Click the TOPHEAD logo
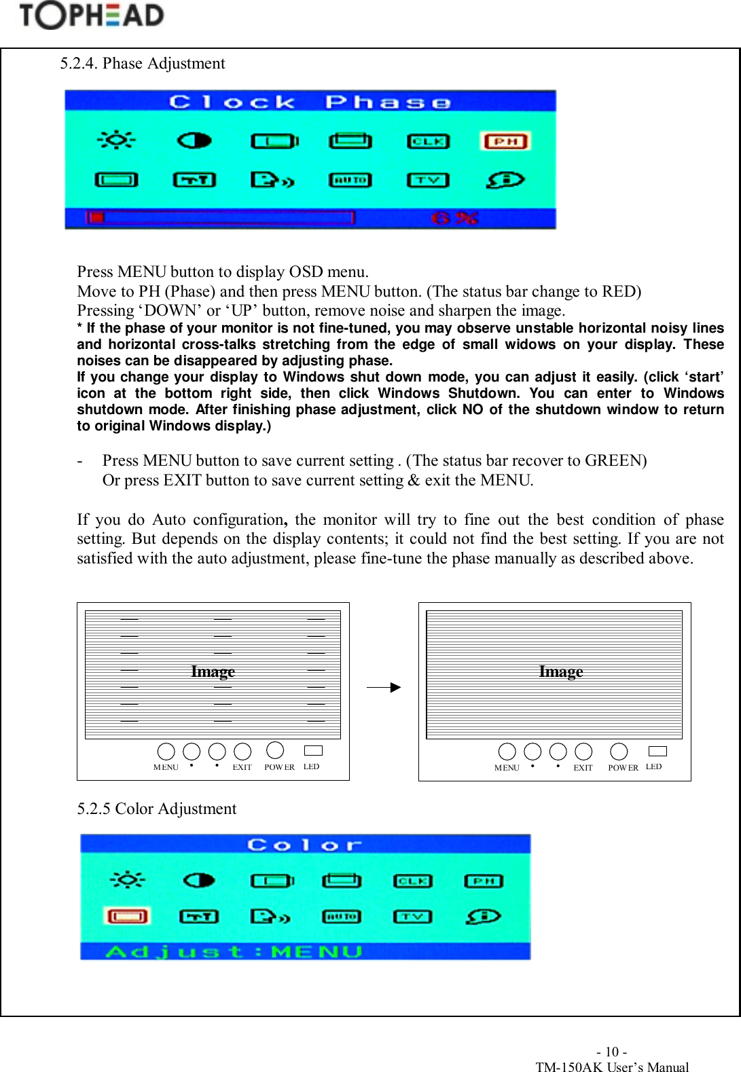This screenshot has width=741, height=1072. pos(92,16)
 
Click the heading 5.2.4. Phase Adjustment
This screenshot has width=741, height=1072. pos(143,64)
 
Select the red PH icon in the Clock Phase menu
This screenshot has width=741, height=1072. pos(505,141)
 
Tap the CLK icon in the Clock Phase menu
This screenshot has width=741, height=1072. pos(428,141)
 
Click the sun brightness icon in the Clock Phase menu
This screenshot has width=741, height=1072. pos(117,140)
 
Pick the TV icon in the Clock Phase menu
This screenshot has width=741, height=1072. pos(428,180)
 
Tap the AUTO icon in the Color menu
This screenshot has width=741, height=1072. pos(341,917)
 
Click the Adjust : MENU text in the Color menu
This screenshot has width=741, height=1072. pos(234,952)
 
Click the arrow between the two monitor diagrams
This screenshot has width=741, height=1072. pos(384,688)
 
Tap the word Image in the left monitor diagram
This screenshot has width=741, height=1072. pos(213,671)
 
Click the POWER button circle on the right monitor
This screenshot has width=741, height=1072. pos(619,752)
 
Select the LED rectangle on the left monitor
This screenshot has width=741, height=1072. pos(313,750)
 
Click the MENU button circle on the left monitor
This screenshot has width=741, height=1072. pos(166,752)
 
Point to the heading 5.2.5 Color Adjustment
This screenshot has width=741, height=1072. pos(157,809)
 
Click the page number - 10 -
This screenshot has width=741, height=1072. pos(611,1052)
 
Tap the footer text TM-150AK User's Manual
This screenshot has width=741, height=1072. pos(612,1067)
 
